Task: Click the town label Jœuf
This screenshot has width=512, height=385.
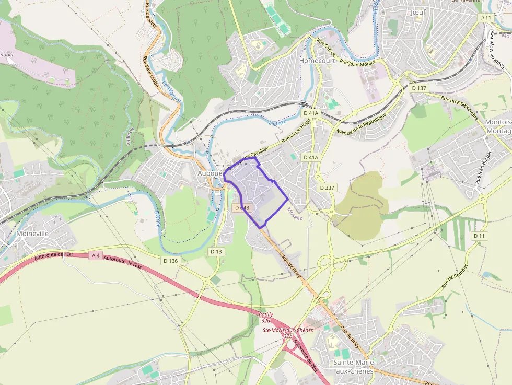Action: (418, 11)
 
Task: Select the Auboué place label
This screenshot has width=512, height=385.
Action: (210, 172)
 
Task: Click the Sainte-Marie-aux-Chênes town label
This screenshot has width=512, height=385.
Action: (354, 366)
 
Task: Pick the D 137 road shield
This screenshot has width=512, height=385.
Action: (419, 88)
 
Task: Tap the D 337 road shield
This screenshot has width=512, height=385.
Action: (327, 187)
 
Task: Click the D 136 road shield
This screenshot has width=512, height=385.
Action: (171, 260)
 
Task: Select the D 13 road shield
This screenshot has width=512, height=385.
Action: (216, 251)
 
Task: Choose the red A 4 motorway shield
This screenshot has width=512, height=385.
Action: (95, 255)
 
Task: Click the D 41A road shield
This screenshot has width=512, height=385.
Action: (310, 113)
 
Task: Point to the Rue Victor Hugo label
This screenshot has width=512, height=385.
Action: (296, 131)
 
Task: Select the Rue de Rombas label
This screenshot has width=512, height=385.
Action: (455, 276)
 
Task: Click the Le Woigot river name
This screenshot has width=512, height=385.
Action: (171, 92)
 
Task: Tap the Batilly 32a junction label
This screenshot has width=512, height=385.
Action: (266, 317)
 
